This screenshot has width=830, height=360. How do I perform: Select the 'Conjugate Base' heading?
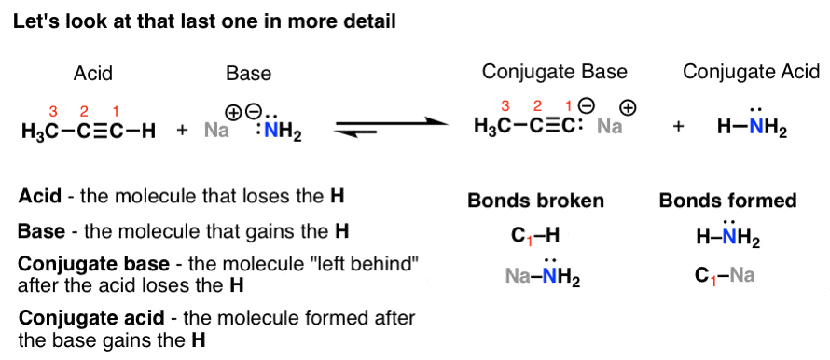click(x=554, y=72)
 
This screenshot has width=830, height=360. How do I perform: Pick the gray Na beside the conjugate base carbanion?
click(x=610, y=128)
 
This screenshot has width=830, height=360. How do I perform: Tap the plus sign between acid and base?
click(x=182, y=132)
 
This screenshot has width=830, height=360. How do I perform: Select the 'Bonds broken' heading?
click(x=535, y=201)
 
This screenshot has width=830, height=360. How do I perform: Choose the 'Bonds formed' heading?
click(x=727, y=201)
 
